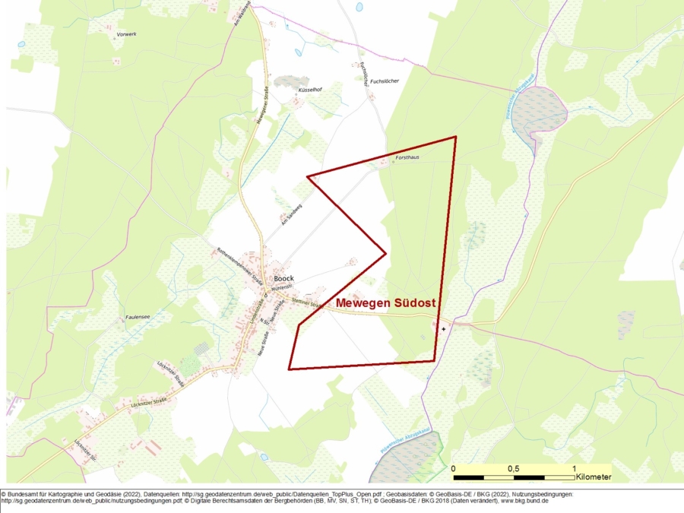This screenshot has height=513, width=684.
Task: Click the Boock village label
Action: coord(283,278)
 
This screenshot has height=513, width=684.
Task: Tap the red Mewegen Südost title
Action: coord(385,302)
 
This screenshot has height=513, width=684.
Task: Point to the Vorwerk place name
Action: coord(127,35)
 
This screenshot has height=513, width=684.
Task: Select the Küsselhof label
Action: coord(310,90)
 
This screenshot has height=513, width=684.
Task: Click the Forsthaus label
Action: coord(407,157)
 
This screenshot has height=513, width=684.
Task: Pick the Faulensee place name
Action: coord(138,318)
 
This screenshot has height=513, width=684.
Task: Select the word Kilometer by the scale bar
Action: coord(593,478)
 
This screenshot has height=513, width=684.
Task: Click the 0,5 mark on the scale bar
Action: coord(514,468)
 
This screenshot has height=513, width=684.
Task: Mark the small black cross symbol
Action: coord(444,329)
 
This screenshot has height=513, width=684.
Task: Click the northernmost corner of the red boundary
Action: coord(455,137)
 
